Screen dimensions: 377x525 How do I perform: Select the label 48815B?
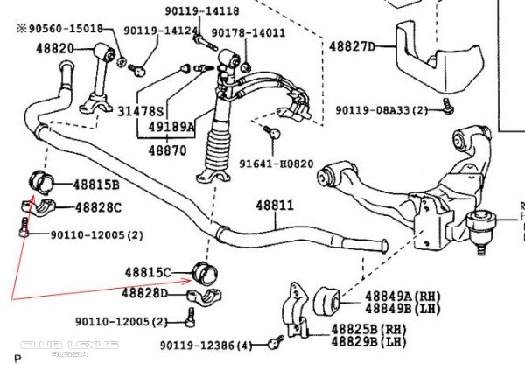coord(97,185)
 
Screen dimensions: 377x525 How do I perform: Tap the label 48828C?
coord(97,207)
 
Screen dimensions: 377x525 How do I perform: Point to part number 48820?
coord(54,48)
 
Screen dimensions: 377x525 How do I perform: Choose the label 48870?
coord(166,150)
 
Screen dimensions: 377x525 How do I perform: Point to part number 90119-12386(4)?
coord(205,346)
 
